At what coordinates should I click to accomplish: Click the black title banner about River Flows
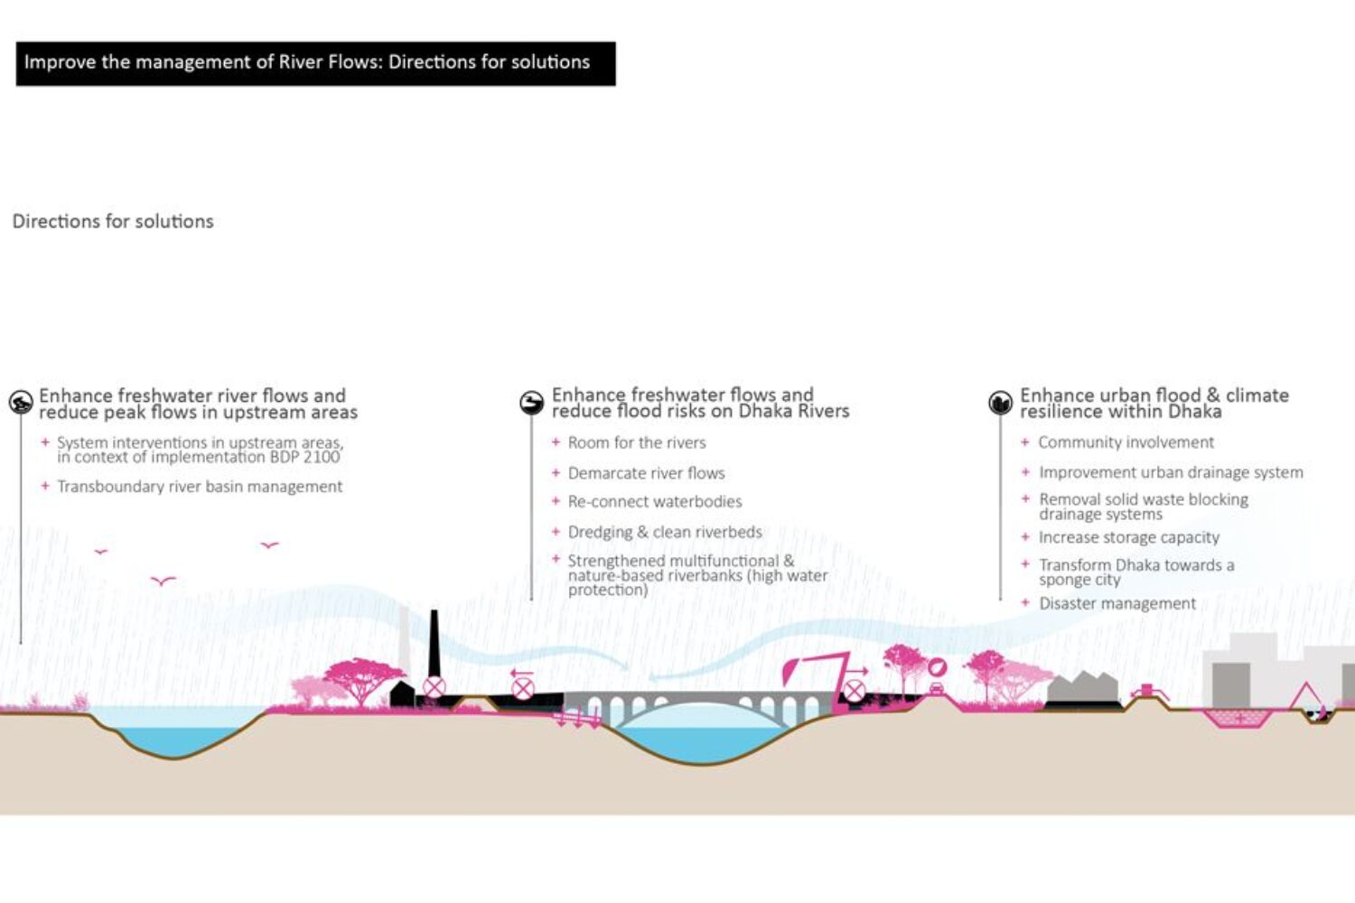[315, 63]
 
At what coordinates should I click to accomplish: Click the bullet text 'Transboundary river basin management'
[200, 487]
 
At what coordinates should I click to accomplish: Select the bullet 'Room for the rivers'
[637, 442]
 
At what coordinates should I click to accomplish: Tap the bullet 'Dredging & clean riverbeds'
[665, 532]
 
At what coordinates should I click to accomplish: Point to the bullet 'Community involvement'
[1126, 442]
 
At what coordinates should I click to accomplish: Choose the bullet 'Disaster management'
[1117, 603]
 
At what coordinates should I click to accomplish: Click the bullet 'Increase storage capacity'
[1129, 537]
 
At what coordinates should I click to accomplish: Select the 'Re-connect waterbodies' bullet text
[655, 502]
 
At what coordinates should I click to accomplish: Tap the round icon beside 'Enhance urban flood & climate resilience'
[1000, 403]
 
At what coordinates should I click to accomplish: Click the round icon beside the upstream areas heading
[21, 403]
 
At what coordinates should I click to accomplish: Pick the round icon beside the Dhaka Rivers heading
[532, 403]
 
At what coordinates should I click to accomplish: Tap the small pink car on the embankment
[937, 689]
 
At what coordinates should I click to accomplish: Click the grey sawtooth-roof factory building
[1082, 691]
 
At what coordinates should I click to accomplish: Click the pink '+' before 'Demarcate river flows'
[556, 472]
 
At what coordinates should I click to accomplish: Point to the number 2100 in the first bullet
[322, 457]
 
